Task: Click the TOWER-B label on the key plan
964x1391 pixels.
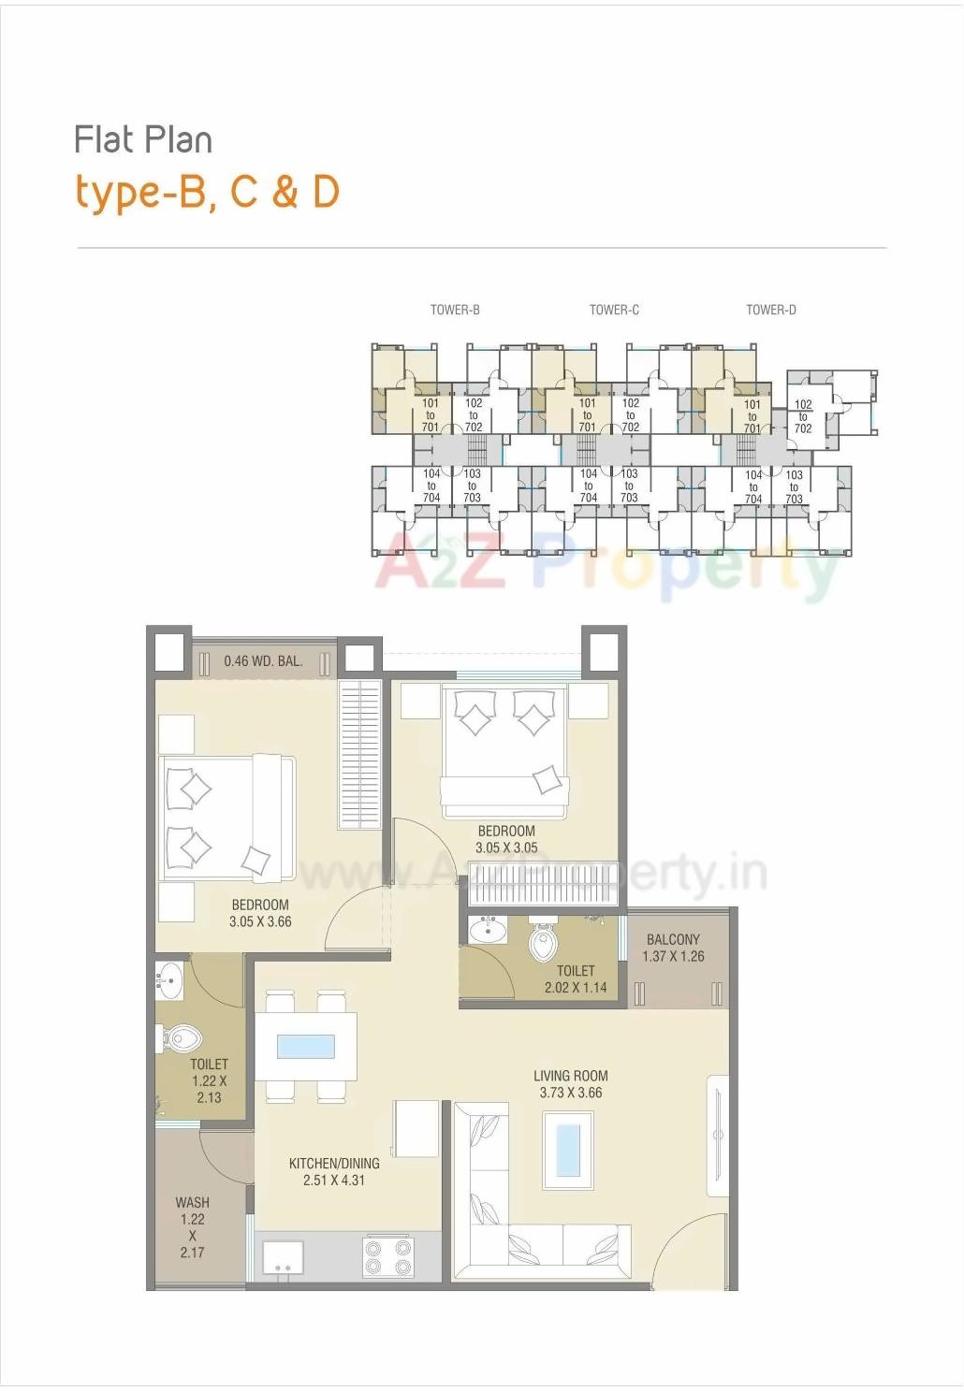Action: (455, 310)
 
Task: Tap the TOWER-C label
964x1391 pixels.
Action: (614, 310)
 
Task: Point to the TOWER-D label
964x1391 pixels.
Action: (771, 310)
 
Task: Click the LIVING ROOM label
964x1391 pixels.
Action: (571, 1076)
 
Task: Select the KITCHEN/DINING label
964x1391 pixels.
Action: (334, 1163)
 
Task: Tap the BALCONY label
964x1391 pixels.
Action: (673, 939)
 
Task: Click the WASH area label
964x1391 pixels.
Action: (193, 1202)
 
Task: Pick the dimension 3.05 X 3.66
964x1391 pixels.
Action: (260, 921)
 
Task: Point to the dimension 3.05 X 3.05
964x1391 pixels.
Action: (506, 848)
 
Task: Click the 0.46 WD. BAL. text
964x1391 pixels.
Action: (263, 661)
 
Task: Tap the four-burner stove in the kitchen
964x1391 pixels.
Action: (387, 1256)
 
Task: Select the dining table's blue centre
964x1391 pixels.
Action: (306, 1046)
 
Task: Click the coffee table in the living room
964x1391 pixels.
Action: (568, 1150)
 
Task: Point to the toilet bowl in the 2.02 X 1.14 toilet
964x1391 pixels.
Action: (544, 942)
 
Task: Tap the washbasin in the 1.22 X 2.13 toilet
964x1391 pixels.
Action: (169, 979)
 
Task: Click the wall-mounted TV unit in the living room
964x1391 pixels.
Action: (718, 1136)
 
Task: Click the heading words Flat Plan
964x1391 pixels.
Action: (143, 140)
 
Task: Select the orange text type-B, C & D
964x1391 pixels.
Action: (207, 192)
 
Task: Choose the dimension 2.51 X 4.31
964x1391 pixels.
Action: (334, 1180)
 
